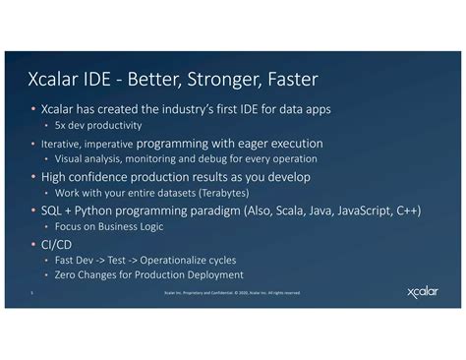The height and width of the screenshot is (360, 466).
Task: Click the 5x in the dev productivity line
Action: click(x=60, y=126)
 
